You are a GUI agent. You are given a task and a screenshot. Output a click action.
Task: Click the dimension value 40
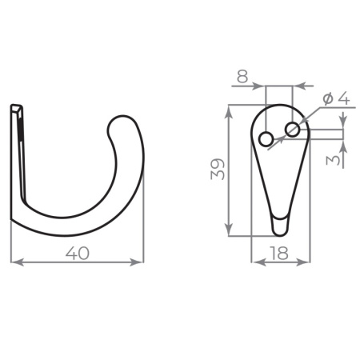[x=77, y=253]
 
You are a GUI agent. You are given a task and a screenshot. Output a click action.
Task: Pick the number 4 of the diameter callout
[x=342, y=98]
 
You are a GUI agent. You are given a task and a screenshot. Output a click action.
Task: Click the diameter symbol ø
[x=327, y=98]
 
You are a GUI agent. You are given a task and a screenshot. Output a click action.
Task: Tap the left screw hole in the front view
[x=266, y=139]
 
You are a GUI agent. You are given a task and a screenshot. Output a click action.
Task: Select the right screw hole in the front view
[x=293, y=128]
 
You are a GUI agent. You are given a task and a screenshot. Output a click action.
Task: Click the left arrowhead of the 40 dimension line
[x=16, y=262]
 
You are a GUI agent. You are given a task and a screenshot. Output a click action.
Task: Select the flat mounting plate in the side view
[x=19, y=160]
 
